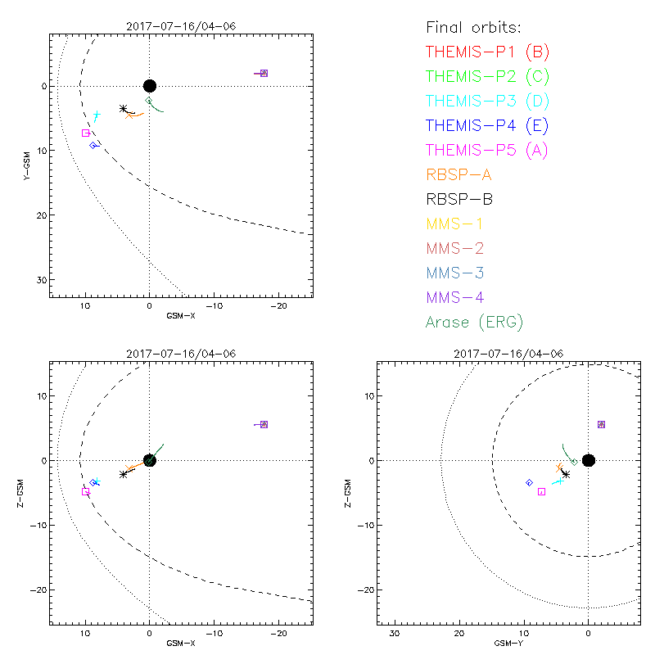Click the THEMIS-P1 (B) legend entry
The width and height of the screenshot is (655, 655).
pyautogui.click(x=488, y=52)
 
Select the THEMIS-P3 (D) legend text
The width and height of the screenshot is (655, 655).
pyautogui.click(x=488, y=102)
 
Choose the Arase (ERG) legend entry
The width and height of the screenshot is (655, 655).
pyautogui.click(x=474, y=322)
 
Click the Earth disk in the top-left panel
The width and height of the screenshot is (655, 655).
pyautogui.click(x=149, y=86)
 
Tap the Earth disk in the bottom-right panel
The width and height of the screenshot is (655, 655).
pyautogui.click(x=588, y=460)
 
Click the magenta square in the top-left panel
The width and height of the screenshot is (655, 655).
pyautogui.click(x=86, y=133)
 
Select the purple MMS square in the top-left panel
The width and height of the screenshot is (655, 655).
pyautogui.click(x=264, y=74)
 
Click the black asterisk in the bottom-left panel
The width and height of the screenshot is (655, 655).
pyautogui.click(x=124, y=474)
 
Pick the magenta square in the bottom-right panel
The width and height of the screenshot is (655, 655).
pyautogui.click(x=541, y=491)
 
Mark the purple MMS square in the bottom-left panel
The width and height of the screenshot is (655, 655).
pyautogui.click(x=264, y=424)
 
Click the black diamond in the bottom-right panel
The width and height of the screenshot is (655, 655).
pyautogui.click(x=530, y=483)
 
